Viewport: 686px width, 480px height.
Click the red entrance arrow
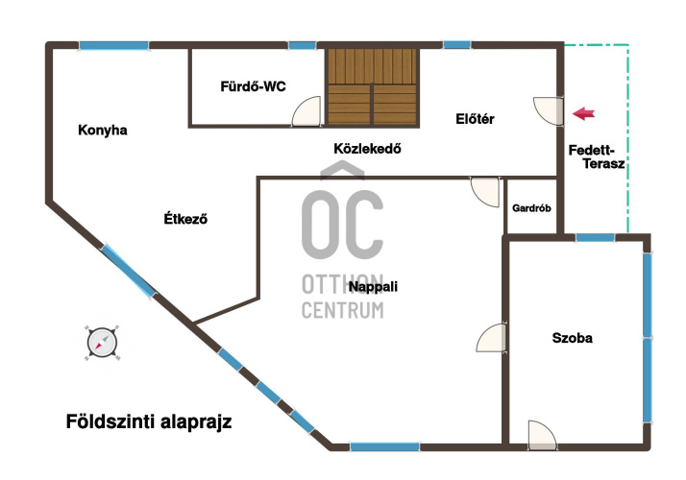(583, 113)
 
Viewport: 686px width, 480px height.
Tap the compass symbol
(102, 343)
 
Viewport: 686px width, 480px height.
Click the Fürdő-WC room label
(253, 86)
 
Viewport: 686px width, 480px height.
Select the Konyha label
(103, 130)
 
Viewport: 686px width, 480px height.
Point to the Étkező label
(185, 218)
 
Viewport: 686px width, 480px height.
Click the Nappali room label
(373, 287)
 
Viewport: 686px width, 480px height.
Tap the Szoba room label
(573, 338)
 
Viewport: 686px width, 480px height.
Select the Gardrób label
(531, 208)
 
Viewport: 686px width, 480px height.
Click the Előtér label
(475, 118)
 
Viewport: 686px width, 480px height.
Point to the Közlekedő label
(367, 149)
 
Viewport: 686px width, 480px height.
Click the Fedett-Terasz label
(597, 156)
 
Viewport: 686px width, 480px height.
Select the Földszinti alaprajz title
(149, 421)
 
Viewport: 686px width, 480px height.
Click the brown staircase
(372, 86)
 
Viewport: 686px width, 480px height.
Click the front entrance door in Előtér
(548, 110)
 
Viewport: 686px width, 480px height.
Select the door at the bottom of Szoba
(543, 435)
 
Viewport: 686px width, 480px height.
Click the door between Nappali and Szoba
(491, 338)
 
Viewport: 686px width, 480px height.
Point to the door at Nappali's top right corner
(485, 192)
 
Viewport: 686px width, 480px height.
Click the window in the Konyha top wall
(113, 45)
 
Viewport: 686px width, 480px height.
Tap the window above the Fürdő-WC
(302, 45)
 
